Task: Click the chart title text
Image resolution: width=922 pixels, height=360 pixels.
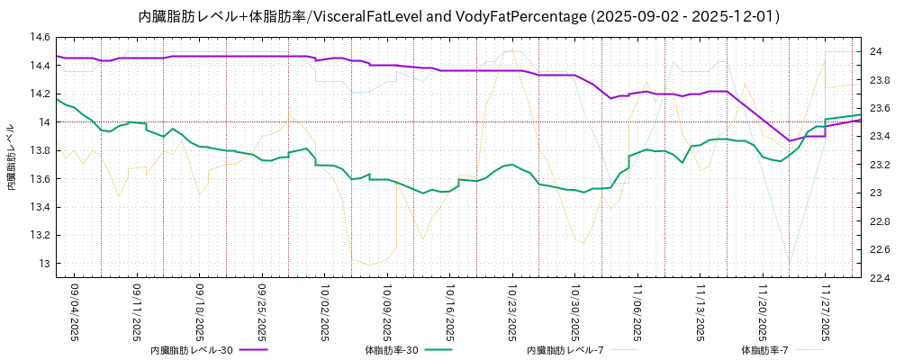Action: (459, 16)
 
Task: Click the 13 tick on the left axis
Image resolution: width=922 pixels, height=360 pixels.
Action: (42, 264)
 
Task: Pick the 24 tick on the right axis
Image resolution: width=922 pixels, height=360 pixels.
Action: (875, 51)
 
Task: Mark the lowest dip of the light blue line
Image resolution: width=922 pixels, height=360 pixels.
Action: (790, 266)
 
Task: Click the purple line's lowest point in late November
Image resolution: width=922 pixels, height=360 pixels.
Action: (790, 140)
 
